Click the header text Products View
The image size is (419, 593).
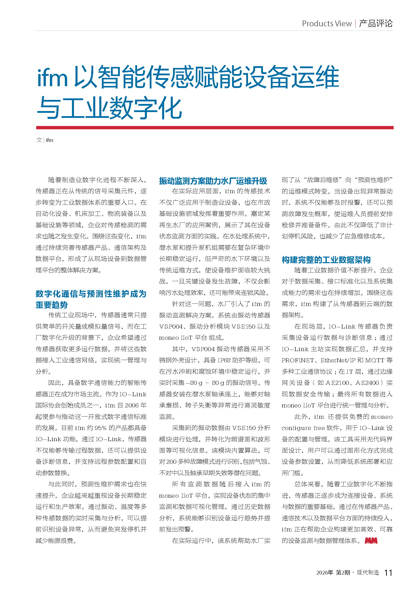[327, 24]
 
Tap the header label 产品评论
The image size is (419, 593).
[376, 24]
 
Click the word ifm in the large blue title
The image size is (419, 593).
[53, 78]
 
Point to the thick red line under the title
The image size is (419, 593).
[215, 128]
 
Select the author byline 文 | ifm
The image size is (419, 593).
[45, 140]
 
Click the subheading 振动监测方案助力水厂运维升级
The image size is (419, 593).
[213, 181]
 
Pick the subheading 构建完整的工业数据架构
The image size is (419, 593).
[326, 260]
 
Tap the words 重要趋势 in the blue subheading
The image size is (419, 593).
[52, 305]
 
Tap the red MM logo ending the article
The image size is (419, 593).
[371, 541]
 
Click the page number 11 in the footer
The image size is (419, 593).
[388, 573]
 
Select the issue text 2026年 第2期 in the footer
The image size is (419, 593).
[333, 573]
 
